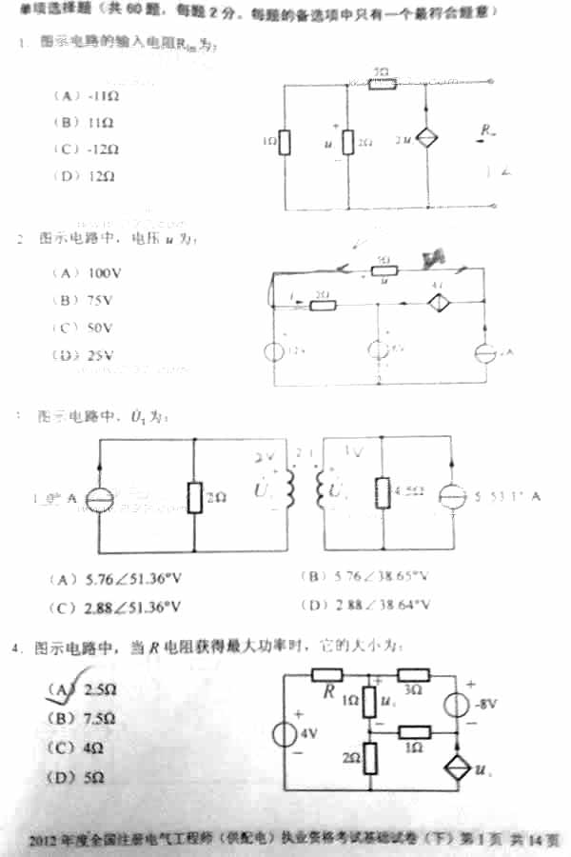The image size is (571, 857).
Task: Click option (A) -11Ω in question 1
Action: coord(86,96)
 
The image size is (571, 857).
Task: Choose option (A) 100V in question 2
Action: coord(83,272)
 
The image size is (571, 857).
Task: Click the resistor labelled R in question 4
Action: coord(326,675)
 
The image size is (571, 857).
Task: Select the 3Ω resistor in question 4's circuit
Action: coord(416,675)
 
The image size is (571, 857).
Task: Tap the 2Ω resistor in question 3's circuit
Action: coord(194,496)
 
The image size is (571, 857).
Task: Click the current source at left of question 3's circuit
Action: coord(99,497)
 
